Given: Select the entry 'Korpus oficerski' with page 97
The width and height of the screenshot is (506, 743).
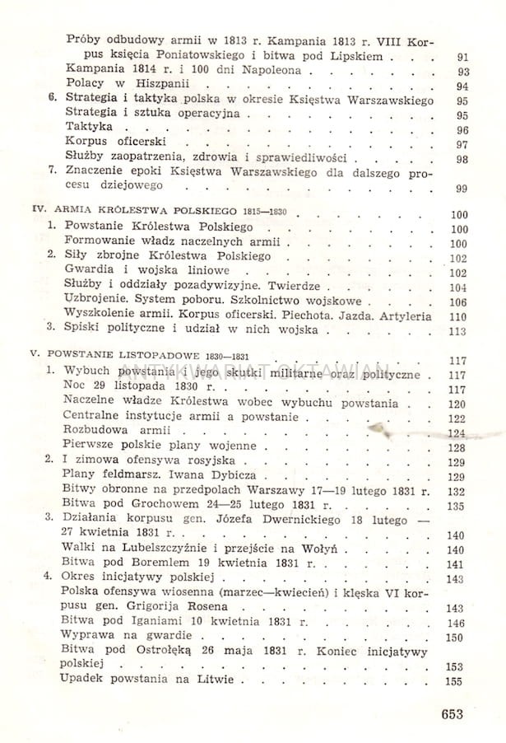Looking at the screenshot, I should point(104,144).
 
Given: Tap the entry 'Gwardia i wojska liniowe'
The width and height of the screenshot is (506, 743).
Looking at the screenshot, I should point(136,272).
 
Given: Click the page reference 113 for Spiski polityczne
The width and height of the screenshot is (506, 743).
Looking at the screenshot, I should point(457,332).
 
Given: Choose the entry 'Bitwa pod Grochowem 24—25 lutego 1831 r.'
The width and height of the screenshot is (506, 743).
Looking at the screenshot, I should point(195,506).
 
